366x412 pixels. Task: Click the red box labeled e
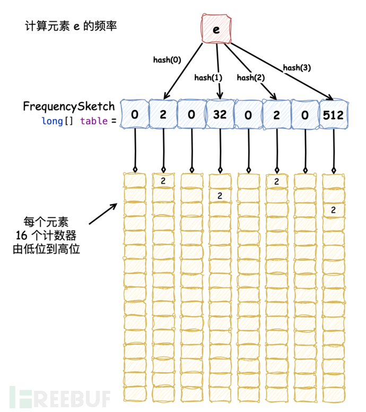coord(216,29)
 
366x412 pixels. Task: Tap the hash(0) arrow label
coord(167,60)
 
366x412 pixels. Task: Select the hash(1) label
coord(208,78)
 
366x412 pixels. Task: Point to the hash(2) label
coord(251,78)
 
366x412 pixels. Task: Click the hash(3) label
coord(297,67)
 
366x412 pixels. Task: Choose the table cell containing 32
coord(220,114)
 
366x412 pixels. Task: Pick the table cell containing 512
coord(333,114)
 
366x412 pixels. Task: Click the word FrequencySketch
coord(68,107)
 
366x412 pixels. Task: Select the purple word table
coord(92,121)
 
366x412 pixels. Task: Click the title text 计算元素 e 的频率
coord(70,25)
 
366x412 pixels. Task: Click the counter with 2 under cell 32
coord(220,196)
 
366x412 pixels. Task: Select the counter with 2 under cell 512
coord(333,210)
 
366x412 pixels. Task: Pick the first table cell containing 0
coord(135,114)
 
